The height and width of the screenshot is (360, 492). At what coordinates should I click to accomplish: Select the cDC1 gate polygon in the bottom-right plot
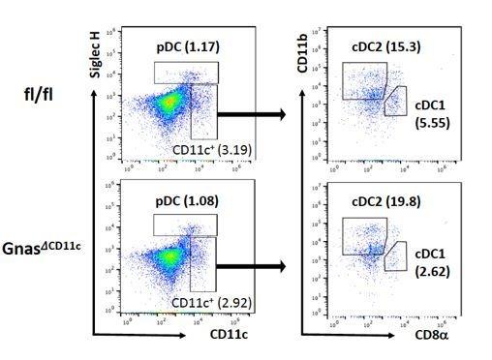pyautogui.click(x=395, y=255)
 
